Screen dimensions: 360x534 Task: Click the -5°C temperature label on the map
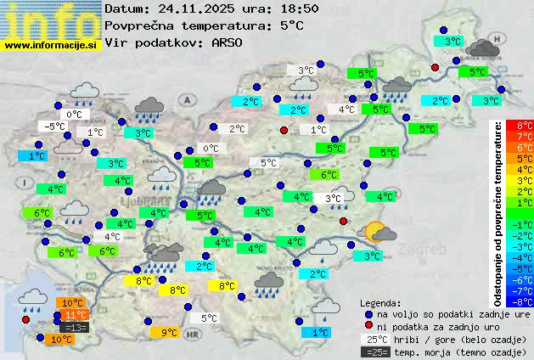pyautogui.click(x=54, y=127)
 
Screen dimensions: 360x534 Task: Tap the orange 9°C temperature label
pyautogui.click(x=170, y=333)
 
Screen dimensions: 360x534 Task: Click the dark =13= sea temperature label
pyautogui.click(x=74, y=328)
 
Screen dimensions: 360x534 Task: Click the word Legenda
pyautogui.click(x=380, y=302)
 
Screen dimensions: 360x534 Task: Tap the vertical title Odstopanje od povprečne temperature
pyautogui.click(x=499, y=212)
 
